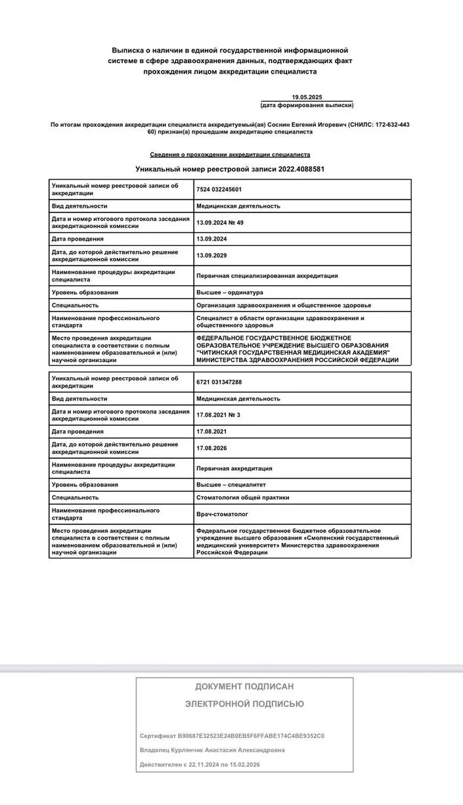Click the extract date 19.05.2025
click(x=307, y=97)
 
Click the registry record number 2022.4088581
click(x=298, y=169)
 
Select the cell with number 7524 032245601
click(x=219, y=189)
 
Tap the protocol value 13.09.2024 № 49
click(x=220, y=222)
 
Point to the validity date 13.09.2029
click(x=211, y=255)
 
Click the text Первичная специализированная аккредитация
click(x=267, y=276)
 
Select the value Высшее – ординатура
click(x=230, y=292)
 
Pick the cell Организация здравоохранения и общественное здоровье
click(x=284, y=305)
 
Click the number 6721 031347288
click(x=219, y=382)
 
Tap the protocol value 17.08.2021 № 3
click(x=218, y=415)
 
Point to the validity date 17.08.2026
click(x=211, y=448)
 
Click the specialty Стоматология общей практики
click(x=243, y=497)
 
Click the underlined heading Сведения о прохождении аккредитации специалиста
click(x=230, y=155)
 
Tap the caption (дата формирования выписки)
click(x=307, y=105)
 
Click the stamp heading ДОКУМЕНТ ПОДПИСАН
click(x=244, y=686)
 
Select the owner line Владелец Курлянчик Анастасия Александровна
click(x=212, y=750)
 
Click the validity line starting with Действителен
click(x=203, y=765)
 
